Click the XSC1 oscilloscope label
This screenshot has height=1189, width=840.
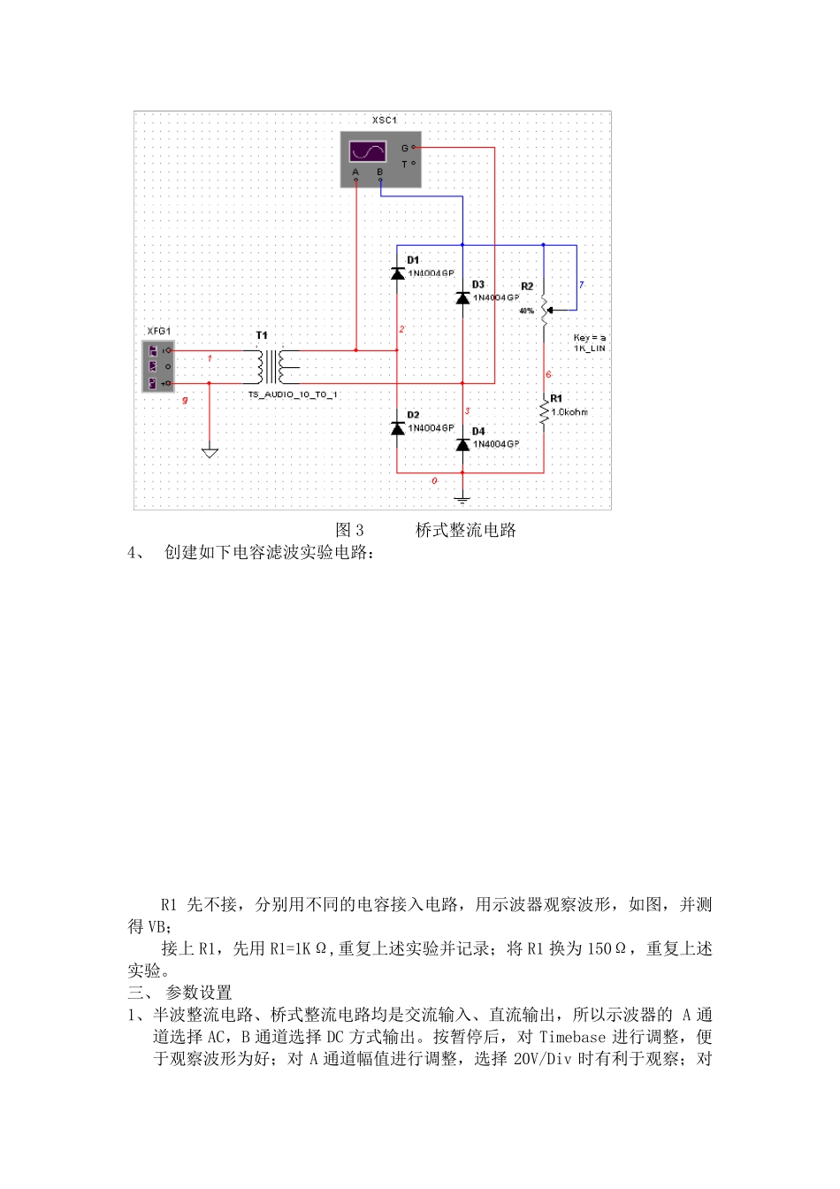(384, 120)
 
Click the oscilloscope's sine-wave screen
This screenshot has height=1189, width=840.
(367, 150)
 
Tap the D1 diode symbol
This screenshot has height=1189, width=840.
(398, 273)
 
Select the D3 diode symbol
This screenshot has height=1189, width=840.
(462, 298)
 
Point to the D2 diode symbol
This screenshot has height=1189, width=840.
(398, 428)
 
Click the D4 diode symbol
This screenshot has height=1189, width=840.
(462, 444)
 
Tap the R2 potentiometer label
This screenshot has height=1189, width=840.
(527, 287)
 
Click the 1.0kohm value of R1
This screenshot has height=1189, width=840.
(569, 412)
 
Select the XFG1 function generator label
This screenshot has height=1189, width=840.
(158, 331)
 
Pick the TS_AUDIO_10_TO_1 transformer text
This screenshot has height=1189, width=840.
(293, 395)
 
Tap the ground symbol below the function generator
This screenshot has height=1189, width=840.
(210, 453)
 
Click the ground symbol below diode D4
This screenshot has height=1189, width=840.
(462, 498)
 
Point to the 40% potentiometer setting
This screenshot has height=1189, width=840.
(526, 311)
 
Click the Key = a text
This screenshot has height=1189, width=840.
(590, 338)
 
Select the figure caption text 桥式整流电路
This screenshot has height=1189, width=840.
(466, 531)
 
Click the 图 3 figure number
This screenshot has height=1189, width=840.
(350, 531)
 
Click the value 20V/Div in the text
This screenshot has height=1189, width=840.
(542, 1059)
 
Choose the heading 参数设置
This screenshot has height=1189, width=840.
(199, 993)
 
